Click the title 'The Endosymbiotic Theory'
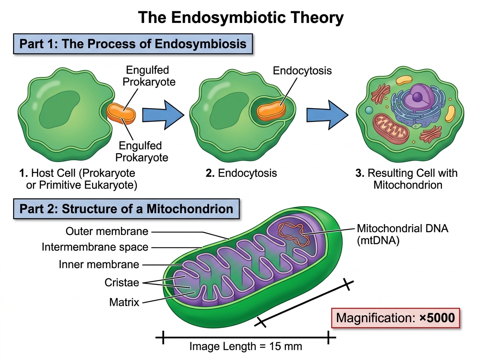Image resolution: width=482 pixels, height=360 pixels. [x=241, y=18]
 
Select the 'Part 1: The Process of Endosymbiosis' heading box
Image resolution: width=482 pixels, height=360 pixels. [x=133, y=44]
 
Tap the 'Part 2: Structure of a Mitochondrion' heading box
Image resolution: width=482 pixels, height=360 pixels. [x=126, y=209]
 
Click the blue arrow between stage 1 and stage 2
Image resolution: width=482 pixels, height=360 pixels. [x=163, y=115]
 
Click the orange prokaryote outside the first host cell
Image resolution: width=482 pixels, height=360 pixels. [x=121, y=114]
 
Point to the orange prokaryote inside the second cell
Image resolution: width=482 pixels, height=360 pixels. [x=272, y=111]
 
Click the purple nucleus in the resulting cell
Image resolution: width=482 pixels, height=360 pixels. [x=418, y=97]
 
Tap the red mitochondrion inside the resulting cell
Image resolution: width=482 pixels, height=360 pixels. [x=391, y=129]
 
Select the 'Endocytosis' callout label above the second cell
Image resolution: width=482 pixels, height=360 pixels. [x=302, y=71]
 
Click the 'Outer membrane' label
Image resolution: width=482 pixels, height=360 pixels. [x=107, y=231]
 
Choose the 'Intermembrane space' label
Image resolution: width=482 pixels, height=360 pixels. [x=95, y=247]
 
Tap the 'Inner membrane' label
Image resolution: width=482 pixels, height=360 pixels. [x=99, y=264]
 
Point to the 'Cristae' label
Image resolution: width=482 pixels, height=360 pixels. [x=122, y=283]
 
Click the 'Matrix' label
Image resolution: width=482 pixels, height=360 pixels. [x=124, y=303]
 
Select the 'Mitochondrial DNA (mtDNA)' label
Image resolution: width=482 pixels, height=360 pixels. [x=402, y=235]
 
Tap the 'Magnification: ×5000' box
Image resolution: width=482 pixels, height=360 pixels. [x=396, y=318]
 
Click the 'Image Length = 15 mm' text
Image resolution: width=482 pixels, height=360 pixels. [x=246, y=346]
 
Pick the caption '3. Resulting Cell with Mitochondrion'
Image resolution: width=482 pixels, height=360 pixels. [x=406, y=179]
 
